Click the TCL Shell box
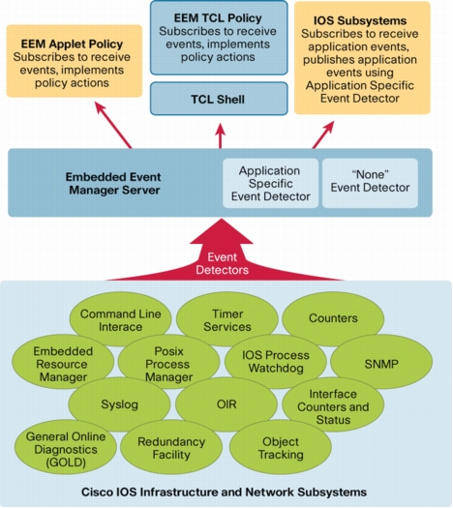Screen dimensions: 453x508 [219, 99]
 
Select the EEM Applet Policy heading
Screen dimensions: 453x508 [72, 44]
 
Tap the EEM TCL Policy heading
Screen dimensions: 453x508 [218, 18]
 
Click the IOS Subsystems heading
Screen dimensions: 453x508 [360, 20]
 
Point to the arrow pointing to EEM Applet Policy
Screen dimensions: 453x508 [113, 125]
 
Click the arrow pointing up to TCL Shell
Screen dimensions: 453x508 [221, 136]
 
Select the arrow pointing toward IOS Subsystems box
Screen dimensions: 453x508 [323, 134]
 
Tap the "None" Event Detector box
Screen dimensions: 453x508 [370, 183]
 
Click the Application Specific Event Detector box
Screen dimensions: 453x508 [271, 183]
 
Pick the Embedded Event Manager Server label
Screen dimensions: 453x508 [114, 184]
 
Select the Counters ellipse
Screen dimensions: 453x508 [333, 318]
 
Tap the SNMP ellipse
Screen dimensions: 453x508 [381, 364]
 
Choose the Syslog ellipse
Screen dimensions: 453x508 [120, 404]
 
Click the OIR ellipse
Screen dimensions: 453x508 [226, 404]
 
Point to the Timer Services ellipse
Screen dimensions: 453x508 [227, 319]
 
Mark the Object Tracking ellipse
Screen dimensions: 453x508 [281, 447]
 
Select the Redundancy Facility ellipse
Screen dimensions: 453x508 [171, 447]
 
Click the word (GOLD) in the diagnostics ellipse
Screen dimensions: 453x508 [66, 463]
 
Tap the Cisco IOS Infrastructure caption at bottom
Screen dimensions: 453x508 [224, 492]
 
